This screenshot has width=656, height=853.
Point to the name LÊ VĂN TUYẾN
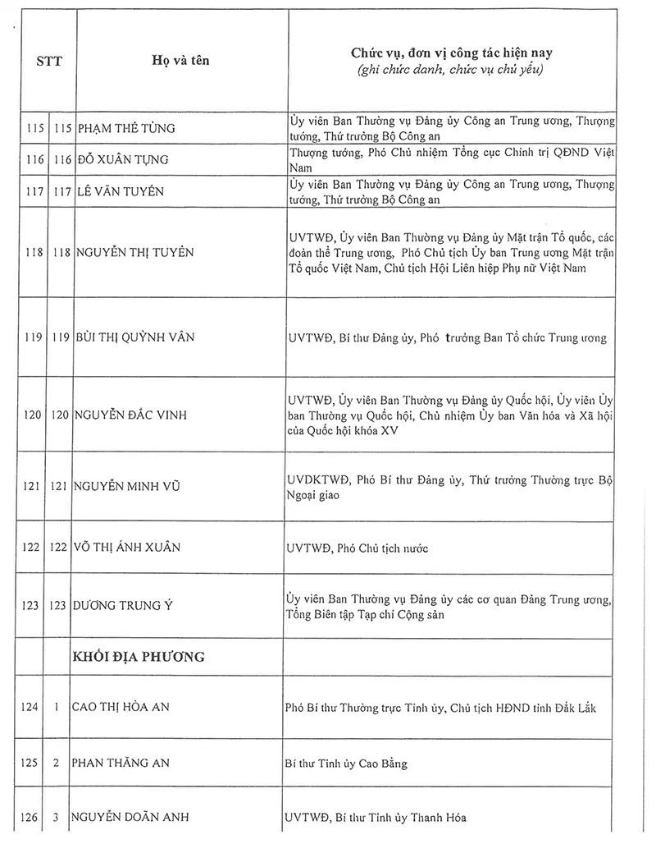[x=121, y=191]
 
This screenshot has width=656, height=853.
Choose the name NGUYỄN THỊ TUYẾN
[x=135, y=252]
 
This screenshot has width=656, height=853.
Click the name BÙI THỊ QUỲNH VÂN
[x=136, y=337]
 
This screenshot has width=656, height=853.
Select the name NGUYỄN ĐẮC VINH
[x=130, y=415]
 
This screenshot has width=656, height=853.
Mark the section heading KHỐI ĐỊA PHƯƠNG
[x=139, y=657]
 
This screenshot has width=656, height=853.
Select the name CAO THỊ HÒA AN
[x=121, y=706]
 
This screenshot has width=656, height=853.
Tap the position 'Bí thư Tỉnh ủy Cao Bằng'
[x=346, y=764]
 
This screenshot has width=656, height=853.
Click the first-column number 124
[x=31, y=706]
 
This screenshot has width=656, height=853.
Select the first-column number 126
[x=31, y=817]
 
